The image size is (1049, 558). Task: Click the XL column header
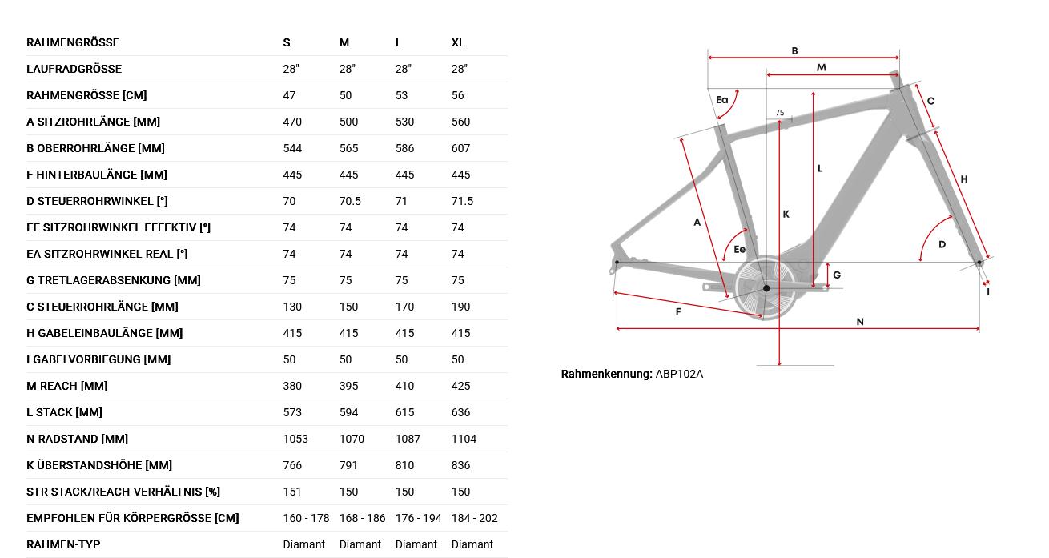458,42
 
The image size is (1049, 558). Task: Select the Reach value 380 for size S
292,386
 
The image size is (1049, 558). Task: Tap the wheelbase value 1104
464,439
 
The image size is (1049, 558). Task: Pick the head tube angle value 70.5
350,201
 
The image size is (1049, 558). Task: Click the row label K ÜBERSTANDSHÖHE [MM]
99,465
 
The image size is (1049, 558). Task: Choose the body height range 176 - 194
418,518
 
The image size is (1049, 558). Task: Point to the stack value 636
460,412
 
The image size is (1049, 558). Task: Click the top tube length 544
292,148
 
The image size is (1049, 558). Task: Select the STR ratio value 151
291,492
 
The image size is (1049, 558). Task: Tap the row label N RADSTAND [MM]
77,439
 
